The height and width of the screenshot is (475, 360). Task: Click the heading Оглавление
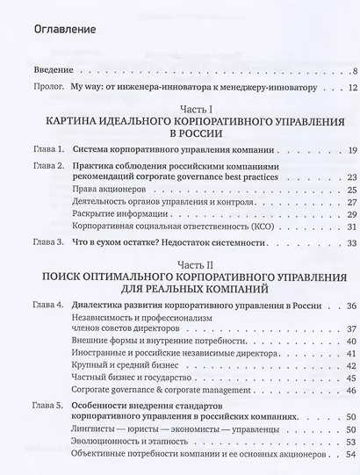tap(60, 31)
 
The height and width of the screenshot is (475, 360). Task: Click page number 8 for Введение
tap(351, 70)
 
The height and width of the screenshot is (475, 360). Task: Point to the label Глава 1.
tap(47, 151)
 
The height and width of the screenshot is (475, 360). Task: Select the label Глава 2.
tap(47, 166)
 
